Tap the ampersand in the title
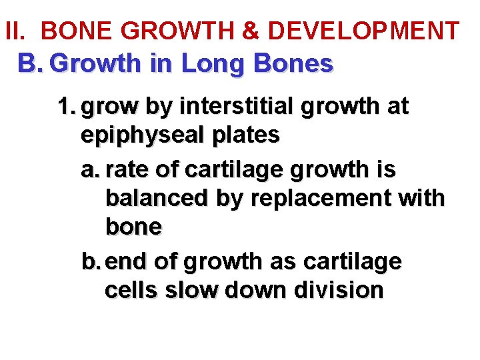point(250,31)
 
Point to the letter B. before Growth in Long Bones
point(30,64)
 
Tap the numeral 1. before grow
point(67,107)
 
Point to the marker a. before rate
point(91,169)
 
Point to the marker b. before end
point(91,262)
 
